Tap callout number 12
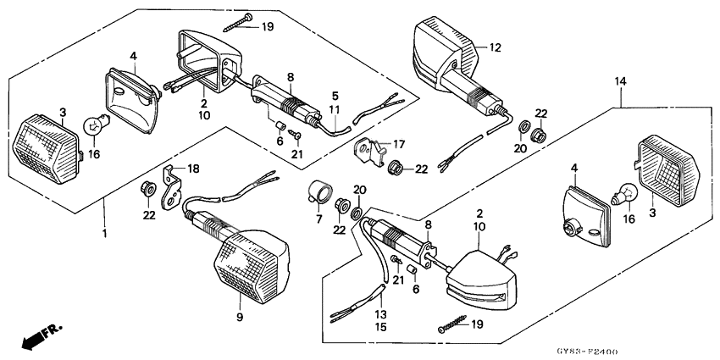click(495, 47)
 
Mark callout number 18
click(194, 169)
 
